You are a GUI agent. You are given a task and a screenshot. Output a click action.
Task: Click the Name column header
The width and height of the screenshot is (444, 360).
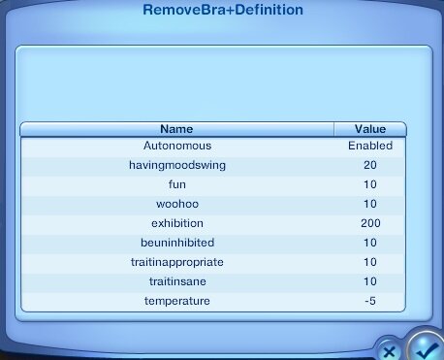176,129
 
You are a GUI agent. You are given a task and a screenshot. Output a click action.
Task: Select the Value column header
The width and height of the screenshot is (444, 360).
370,129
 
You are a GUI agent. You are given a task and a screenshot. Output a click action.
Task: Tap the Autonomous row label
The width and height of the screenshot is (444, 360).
177,146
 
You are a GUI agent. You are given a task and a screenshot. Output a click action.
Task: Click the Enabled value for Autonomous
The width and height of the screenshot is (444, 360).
370,146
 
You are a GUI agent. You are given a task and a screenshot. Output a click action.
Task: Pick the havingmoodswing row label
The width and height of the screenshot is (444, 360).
177,165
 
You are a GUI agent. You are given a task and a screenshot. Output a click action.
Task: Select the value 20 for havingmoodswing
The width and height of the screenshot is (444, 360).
370,165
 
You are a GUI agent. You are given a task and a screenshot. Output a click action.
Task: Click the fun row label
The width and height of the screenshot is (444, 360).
177,184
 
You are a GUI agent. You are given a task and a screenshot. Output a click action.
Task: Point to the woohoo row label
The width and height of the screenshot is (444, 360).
177,204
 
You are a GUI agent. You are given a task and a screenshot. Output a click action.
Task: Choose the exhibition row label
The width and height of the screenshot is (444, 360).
177,223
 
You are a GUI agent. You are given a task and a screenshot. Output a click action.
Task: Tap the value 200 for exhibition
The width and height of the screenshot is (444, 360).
370,223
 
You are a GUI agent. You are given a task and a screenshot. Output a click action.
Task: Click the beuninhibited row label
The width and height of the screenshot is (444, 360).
177,243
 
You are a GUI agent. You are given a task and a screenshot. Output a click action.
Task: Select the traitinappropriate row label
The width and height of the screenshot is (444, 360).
177,262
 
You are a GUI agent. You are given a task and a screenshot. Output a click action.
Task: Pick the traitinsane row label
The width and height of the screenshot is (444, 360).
177,281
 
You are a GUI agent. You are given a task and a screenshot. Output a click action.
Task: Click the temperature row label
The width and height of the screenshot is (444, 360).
177,301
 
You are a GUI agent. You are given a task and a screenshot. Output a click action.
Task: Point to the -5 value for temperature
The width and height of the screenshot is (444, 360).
370,301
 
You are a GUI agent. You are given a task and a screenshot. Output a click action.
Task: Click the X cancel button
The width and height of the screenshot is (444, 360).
390,351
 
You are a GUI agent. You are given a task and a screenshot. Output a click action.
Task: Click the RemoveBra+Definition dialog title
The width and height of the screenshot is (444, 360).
223,10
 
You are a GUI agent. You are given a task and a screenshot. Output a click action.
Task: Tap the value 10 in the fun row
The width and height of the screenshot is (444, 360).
370,184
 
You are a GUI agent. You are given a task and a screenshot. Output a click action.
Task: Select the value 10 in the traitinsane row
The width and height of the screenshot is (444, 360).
370,281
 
